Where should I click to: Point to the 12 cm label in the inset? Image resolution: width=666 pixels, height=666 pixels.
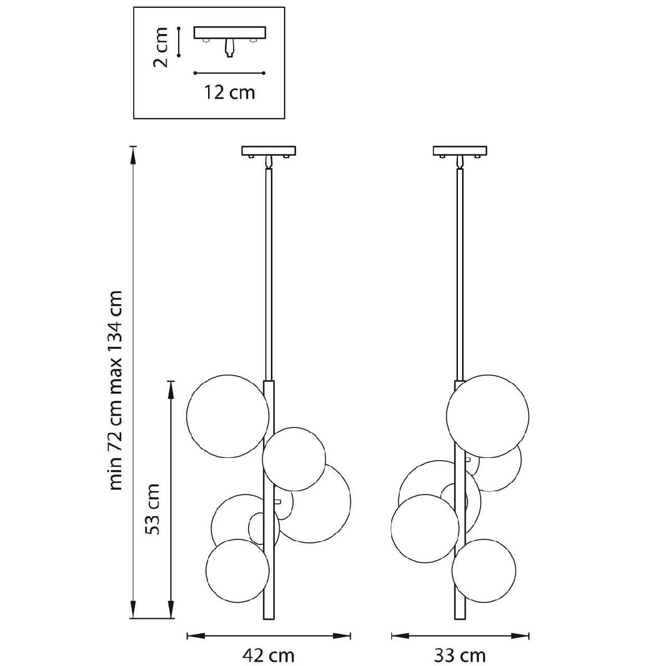(229, 92)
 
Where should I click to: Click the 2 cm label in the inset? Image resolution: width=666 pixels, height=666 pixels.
(160, 47)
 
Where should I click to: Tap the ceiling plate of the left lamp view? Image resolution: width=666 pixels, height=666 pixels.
(269, 150)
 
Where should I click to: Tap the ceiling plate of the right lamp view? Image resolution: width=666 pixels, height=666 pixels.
(460, 150)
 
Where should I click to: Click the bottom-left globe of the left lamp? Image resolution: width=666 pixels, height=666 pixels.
(237, 570)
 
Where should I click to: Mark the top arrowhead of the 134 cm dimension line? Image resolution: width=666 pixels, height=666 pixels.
(133, 151)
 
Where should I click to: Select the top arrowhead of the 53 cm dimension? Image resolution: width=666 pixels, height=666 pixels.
(171, 385)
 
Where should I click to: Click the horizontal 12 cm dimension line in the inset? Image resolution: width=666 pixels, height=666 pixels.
(229, 73)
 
